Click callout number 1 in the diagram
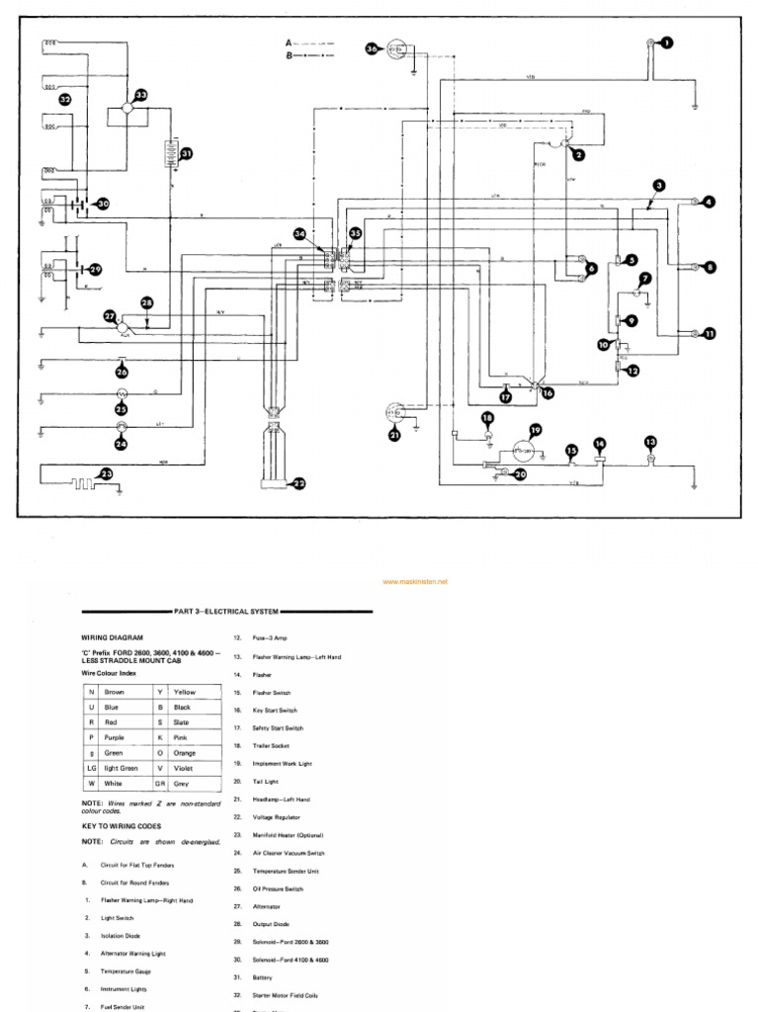(x=665, y=42)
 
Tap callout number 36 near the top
(x=372, y=47)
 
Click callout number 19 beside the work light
(x=535, y=430)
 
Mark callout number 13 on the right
(x=649, y=442)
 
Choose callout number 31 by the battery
(x=185, y=153)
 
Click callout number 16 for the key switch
(x=547, y=392)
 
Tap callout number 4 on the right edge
(x=709, y=202)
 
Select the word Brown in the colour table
(x=115, y=693)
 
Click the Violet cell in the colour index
(x=185, y=768)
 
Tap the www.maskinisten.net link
(x=414, y=582)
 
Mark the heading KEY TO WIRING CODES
(x=121, y=825)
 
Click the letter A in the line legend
(x=289, y=43)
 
